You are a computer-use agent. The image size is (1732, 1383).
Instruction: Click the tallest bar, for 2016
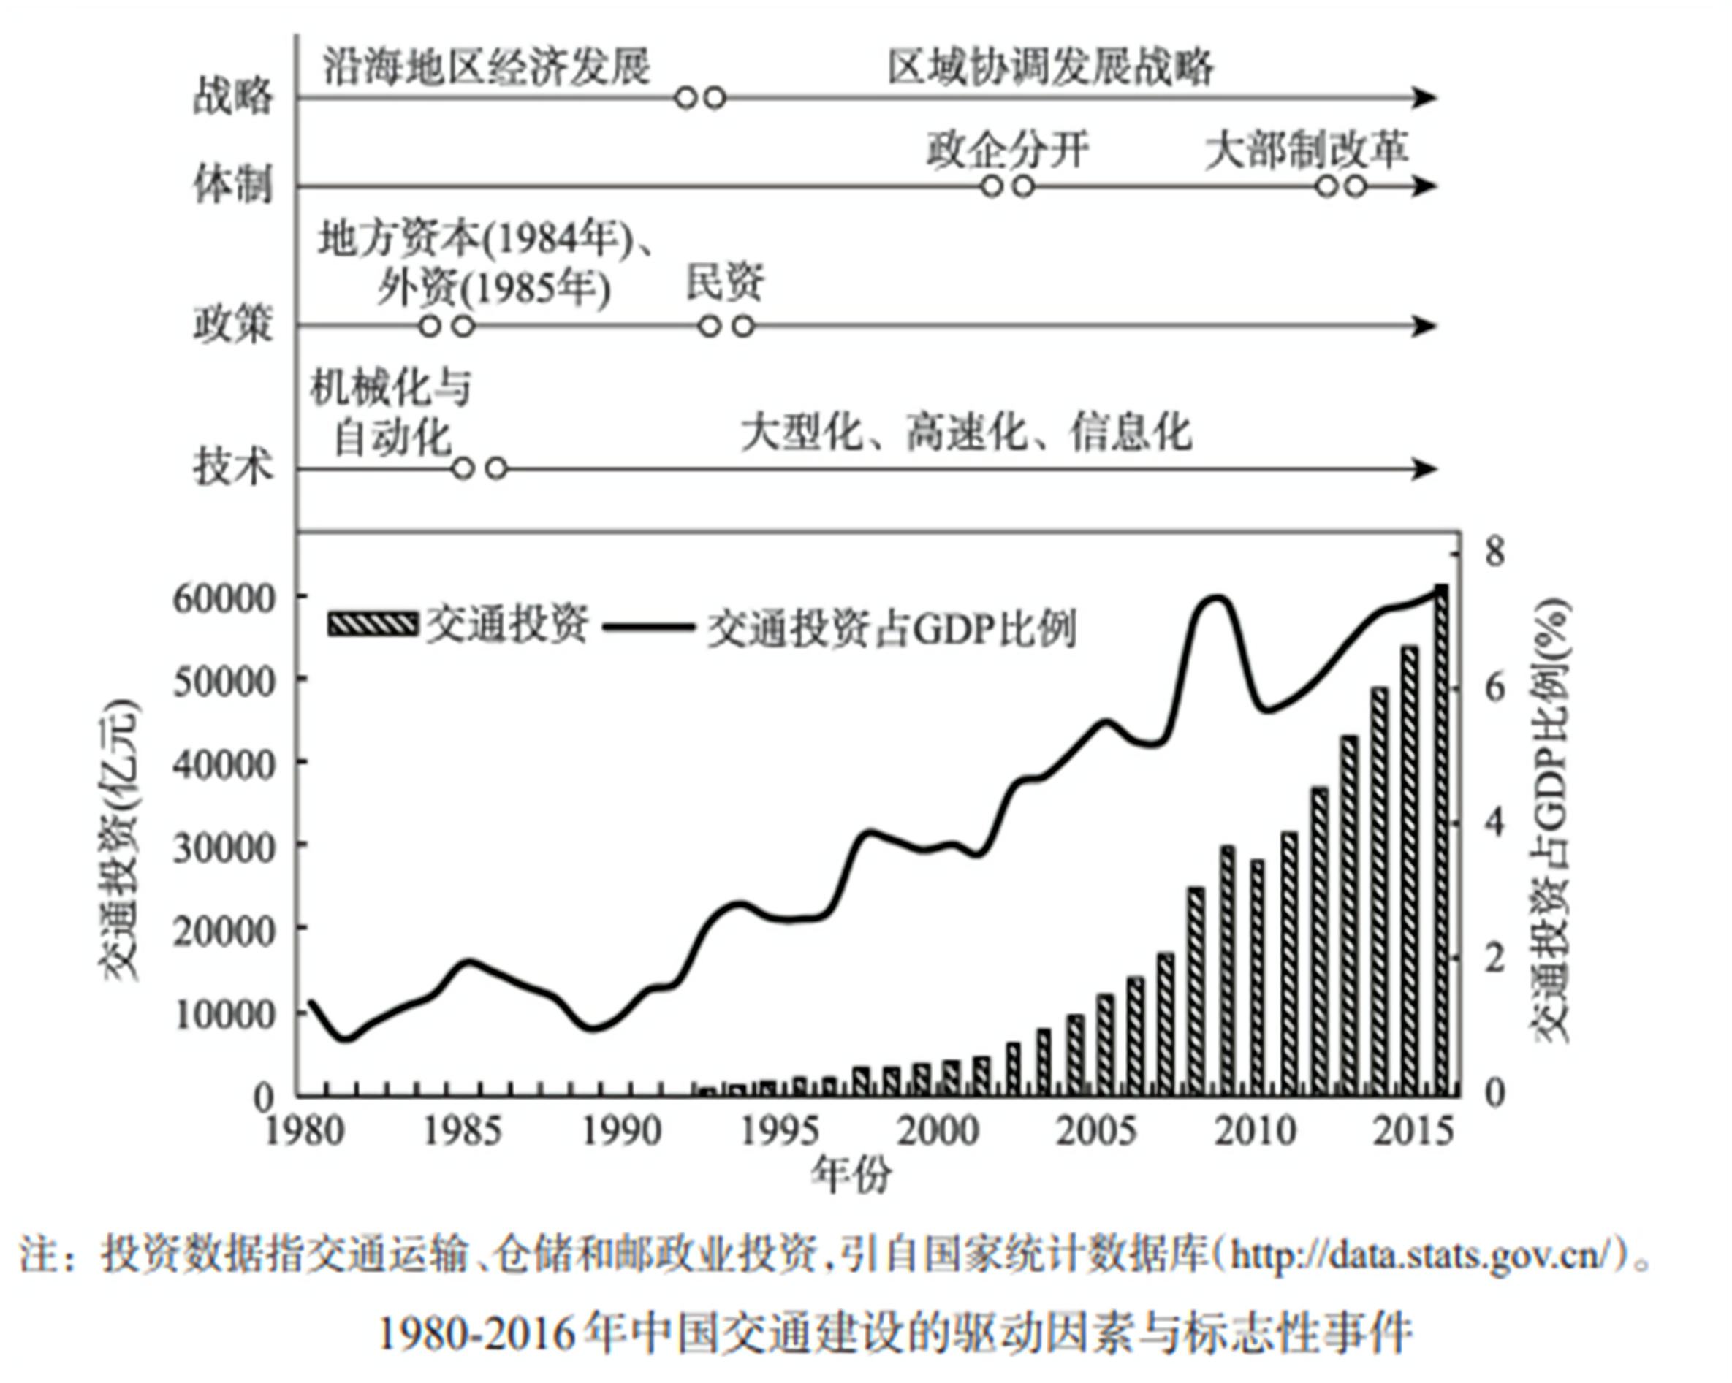click(x=1442, y=839)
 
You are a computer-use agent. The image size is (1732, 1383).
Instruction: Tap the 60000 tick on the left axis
click(x=213, y=598)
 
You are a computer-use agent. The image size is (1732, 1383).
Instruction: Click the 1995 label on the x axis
click(x=780, y=1131)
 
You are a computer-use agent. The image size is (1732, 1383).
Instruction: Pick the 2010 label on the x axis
click(x=1255, y=1131)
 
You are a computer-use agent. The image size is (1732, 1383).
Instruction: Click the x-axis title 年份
click(x=851, y=1174)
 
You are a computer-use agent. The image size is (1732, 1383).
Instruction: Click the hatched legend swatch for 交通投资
click(x=373, y=624)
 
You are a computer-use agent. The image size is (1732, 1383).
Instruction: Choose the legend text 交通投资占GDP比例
click(x=892, y=628)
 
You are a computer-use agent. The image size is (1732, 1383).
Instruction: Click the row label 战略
click(x=232, y=96)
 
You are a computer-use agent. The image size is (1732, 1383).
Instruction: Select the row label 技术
click(x=232, y=467)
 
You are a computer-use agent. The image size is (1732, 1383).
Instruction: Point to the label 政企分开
click(x=1009, y=149)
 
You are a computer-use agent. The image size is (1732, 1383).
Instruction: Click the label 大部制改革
click(x=1307, y=149)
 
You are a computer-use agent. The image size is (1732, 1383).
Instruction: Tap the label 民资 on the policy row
click(x=725, y=281)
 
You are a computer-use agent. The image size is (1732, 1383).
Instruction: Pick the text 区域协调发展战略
click(x=1051, y=66)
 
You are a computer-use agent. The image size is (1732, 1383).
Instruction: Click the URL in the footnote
click(x=1422, y=1254)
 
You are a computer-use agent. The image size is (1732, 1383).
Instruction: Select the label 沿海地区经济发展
click(x=486, y=66)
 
